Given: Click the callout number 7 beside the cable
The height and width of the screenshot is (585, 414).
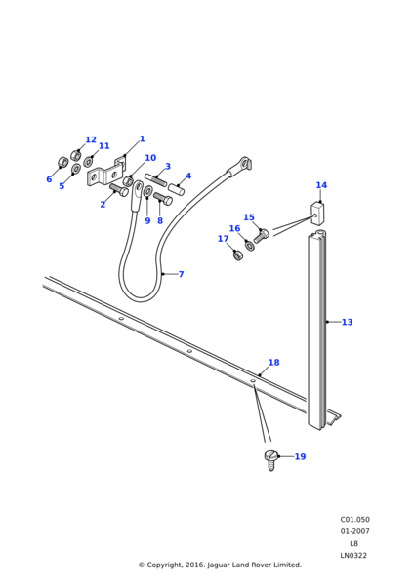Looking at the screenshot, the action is [x=182, y=274].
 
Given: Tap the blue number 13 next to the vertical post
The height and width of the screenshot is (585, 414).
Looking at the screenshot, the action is [x=348, y=322].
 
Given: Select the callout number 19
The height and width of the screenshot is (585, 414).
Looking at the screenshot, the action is [x=300, y=456].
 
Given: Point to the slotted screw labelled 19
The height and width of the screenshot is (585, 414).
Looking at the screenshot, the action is [x=271, y=460].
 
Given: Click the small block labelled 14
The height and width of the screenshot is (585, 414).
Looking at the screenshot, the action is [x=317, y=214].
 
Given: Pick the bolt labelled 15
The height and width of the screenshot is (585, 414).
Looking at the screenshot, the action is [x=262, y=236].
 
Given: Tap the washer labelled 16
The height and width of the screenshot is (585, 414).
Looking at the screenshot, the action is [x=249, y=246].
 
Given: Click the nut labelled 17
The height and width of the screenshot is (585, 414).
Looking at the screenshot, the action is [x=237, y=255].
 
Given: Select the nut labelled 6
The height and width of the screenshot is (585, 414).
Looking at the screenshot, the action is [x=62, y=162].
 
